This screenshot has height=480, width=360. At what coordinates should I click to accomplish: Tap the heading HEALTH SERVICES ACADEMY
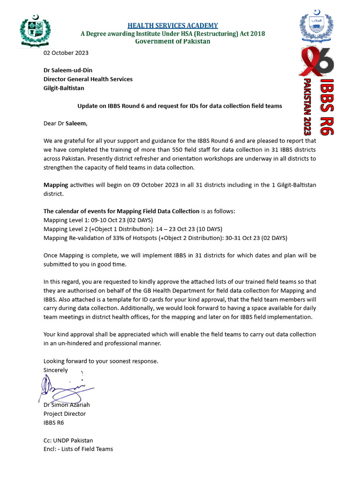click(x=172, y=26)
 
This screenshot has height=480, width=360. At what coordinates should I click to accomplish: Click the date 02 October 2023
click(x=66, y=53)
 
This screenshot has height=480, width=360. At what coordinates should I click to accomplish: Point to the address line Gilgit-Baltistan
click(x=64, y=88)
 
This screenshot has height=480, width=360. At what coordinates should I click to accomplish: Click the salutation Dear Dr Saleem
click(x=65, y=123)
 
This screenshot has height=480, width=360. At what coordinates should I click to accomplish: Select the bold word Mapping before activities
click(x=56, y=185)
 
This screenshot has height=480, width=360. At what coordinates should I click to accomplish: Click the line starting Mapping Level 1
click(x=98, y=220)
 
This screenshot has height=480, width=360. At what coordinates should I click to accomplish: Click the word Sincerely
click(x=56, y=370)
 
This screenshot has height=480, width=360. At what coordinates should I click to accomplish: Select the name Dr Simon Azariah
click(x=67, y=405)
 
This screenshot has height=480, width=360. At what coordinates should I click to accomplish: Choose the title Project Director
click(x=65, y=413)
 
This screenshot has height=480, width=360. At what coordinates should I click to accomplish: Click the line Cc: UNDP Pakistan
click(x=68, y=440)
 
